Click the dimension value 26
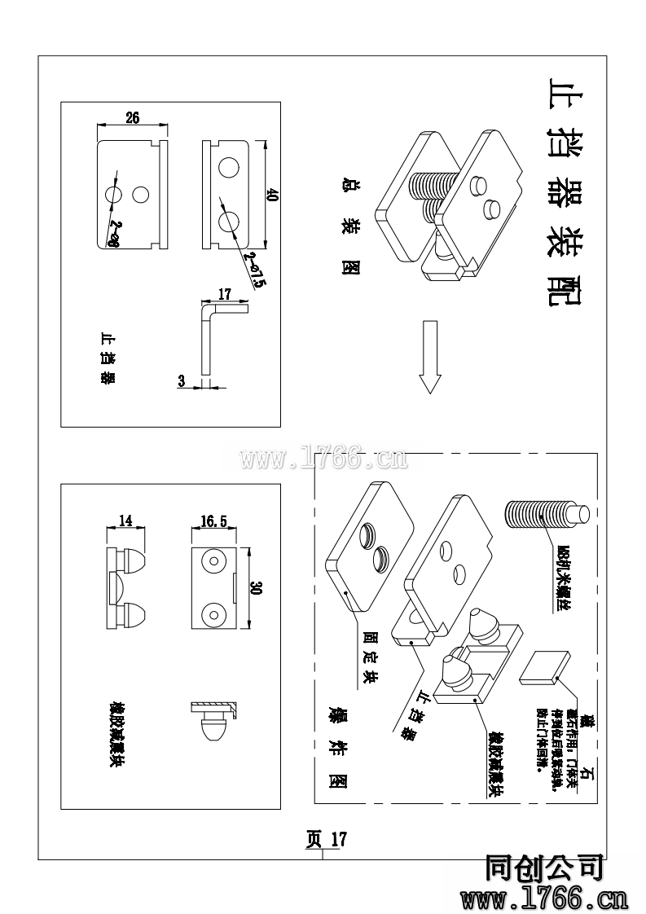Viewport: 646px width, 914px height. click(132, 117)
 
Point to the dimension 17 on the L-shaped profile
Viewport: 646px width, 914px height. click(225, 294)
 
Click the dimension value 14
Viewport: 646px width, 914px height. click(125, 520)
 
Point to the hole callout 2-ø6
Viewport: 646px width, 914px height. click(112, 233)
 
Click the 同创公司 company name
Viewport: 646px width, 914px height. click(543, 868)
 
